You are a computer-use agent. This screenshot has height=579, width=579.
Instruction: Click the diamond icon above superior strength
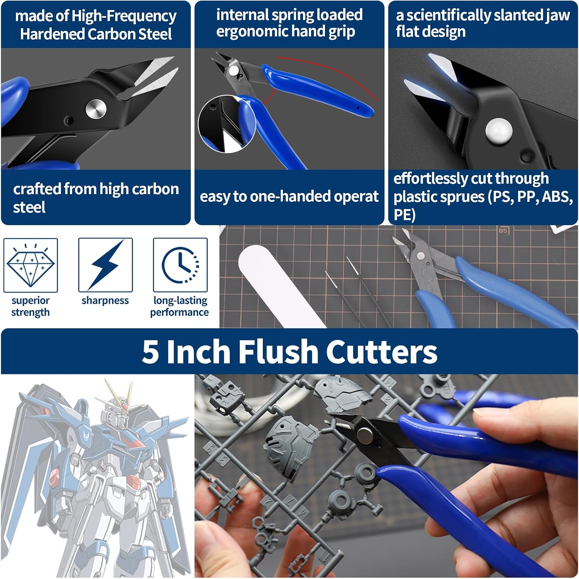(x=30, y=264)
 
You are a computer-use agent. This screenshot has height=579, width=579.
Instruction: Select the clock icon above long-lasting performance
(x=180, y=265)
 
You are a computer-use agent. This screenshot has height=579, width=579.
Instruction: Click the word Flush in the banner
(x=277, y=352)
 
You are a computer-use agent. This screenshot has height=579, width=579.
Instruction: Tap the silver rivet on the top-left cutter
(x=96, y=109)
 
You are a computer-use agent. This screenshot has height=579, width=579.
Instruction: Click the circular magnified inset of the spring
(x=227, y=124)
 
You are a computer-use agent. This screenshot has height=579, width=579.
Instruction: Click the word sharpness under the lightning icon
(x=105, y=300)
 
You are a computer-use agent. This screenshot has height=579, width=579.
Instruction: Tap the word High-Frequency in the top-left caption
(x=124, y=16)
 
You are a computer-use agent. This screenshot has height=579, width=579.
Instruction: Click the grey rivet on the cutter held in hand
(x=365, y=434)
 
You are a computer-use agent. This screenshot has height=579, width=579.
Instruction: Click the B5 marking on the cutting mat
(x=503, y=230)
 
